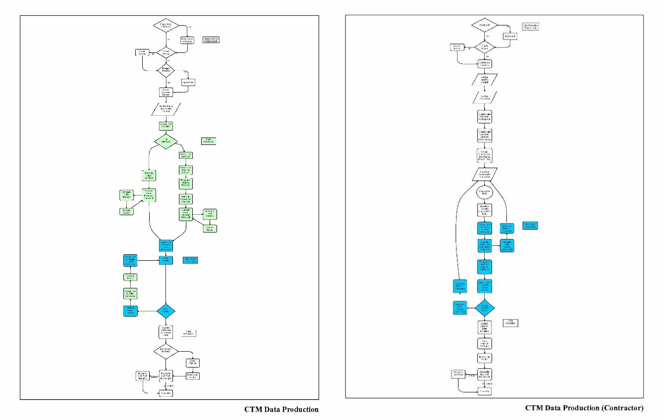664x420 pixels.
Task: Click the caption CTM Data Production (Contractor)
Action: click(584, 408)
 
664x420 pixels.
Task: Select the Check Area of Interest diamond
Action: click(165, 26)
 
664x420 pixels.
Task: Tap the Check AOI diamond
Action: click(484, 25)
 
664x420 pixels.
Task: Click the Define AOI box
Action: click(510, 37)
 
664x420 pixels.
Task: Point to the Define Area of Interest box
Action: click(186, 40)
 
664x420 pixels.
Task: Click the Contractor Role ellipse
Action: click(484, 192)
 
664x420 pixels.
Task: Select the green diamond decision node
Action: click(166, 141)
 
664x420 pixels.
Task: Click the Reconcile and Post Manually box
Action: click(143, 376)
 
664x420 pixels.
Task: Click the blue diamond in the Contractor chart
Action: click(484, 307)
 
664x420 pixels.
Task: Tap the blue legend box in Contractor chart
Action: click(530, 226)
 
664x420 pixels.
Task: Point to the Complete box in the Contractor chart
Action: click(484, 391)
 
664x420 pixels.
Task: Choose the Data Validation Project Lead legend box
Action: click(530, 26)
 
